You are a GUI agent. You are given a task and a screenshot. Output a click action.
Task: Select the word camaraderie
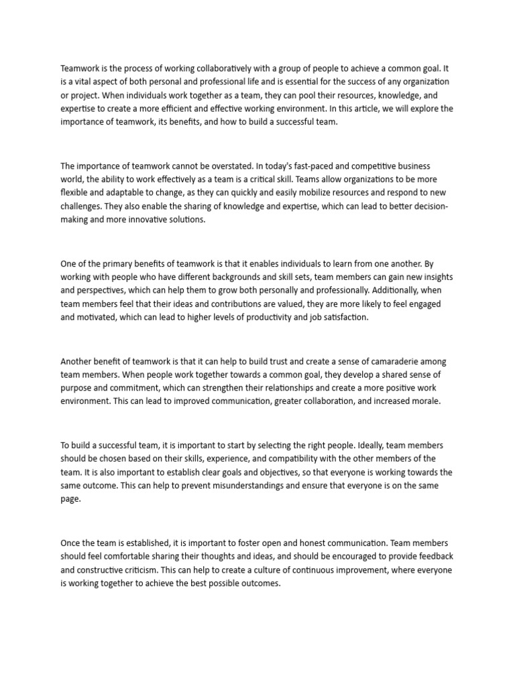click(x=387, y=361)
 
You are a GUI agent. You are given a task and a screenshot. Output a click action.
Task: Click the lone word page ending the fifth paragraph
click(x=70, y=500)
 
